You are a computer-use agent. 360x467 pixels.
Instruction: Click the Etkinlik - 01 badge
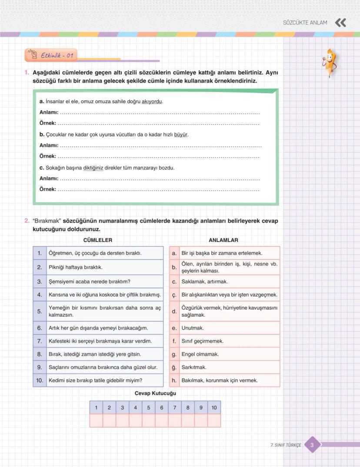click(51, 55)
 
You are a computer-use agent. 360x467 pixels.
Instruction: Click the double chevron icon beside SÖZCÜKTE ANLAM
click(340, 23)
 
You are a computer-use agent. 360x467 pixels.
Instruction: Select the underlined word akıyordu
click(152, 101)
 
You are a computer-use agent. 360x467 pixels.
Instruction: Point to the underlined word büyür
click(180, 134)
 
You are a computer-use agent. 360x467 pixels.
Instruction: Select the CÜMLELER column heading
click(98, 240)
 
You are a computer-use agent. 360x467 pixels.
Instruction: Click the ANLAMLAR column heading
click(223, 240)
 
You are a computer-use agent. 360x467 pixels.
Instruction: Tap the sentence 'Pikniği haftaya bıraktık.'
click(76, 267)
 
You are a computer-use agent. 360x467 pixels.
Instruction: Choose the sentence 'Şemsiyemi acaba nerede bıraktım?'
click(90, 282)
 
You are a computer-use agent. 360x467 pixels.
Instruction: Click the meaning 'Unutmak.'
click(193, 328)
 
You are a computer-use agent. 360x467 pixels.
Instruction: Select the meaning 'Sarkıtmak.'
click(194, 367)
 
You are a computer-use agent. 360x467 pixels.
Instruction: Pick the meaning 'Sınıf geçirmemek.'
click(202, 341)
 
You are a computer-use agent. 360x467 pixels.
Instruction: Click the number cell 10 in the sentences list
click(40, 380)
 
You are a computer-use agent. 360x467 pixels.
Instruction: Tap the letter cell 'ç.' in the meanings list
click(174, 295)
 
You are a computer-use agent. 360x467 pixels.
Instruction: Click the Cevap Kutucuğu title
click(155, 393)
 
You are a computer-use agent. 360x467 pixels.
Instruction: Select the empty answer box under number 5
click(148, 420)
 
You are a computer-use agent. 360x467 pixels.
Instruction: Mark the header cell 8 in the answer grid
click(187, 408)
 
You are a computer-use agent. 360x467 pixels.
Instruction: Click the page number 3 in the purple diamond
click(312, 445)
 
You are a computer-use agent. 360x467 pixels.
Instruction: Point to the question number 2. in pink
click(27, 221)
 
